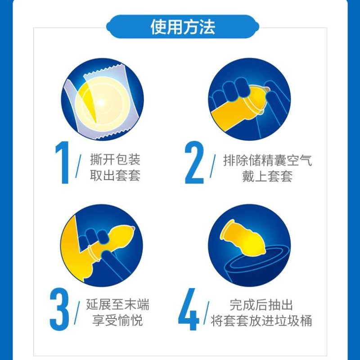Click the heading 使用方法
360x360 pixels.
coord(183,27)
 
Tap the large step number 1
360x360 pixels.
coord(63,162)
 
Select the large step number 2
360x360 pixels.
coord(194,162)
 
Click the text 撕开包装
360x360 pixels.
coord(115,159)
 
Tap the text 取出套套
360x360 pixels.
coord(115,175)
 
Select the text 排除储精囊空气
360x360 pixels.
coord(267,160)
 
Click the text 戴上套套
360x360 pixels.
coord(267,176)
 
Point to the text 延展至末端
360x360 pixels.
coord(117,305)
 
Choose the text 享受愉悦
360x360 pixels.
coord(117,320)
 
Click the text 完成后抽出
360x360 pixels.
coord(261,305)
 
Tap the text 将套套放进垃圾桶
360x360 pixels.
coord(261,321)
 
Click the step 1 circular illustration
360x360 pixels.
coord(103,99)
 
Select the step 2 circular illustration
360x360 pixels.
coord(249,99)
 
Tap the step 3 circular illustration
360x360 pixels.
coord(102,245)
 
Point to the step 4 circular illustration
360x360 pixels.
coord(249,245)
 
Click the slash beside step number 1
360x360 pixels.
coord(78,166)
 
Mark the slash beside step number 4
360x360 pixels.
coord(207,313)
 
